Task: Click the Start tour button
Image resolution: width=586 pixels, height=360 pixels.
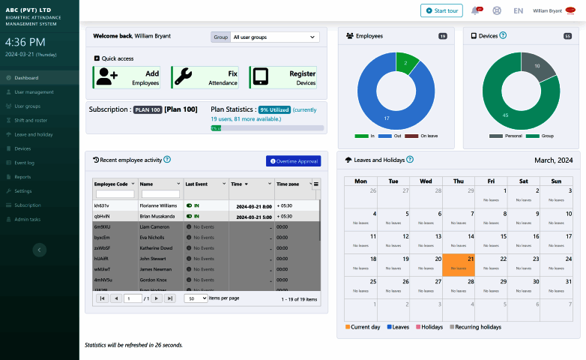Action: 441,10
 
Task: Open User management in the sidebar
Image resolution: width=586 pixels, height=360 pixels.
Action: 34,91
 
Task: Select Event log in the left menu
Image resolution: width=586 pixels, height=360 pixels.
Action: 25,163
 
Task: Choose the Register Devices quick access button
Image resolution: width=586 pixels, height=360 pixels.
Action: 283,77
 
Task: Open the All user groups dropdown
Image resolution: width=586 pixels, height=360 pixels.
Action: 274,37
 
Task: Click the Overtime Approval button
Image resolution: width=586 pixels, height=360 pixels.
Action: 293,160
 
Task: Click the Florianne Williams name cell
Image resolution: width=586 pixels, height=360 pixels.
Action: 158,205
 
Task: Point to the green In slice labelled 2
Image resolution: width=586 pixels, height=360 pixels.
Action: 405,63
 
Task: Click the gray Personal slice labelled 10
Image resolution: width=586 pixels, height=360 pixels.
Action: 536,67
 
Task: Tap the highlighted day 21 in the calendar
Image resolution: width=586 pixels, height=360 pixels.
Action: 459,263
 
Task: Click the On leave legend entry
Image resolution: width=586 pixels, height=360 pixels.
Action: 429,136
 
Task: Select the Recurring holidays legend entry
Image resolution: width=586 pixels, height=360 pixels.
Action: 476,327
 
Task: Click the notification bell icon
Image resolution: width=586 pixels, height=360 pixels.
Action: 475,10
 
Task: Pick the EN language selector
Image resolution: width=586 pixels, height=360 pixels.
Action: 518,10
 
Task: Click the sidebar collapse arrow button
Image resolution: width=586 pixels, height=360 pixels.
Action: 40,250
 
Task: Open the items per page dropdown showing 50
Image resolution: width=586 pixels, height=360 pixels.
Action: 195,298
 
